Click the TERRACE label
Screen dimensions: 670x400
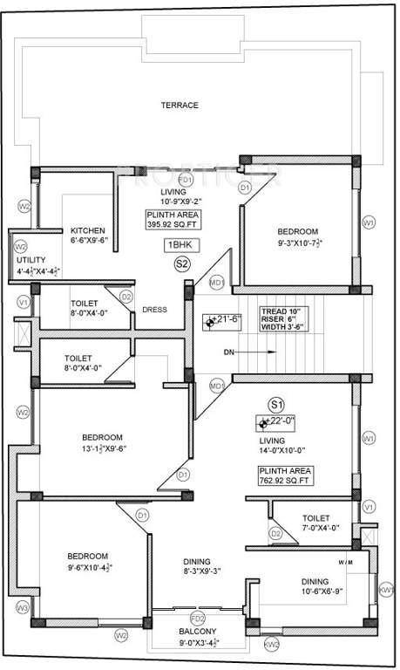point(179,105)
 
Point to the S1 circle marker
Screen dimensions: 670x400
point(276,405)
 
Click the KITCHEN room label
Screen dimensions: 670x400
point(88,230)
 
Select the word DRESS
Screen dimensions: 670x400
point(154,309)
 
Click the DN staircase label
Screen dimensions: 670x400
point(227,352)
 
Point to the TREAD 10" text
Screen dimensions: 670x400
point(279,311)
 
